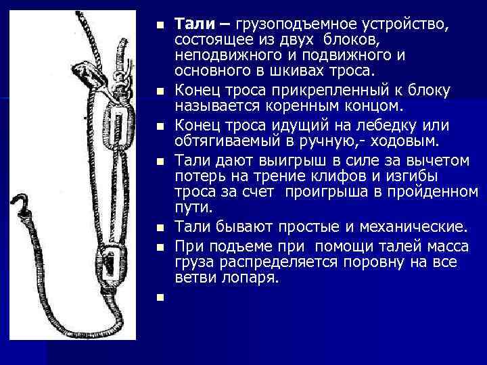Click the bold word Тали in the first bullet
pyautogui.click(x=192, y=24)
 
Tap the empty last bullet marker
pyautogui.click(x=158, y=297)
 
